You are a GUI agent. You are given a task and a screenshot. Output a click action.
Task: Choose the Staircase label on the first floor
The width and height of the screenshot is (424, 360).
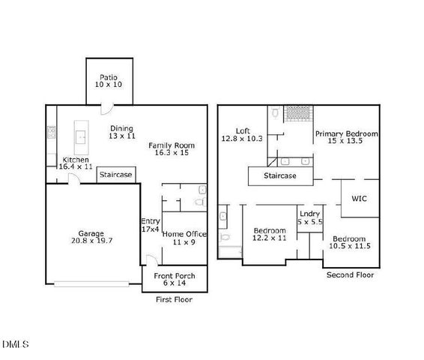pyautogui.click(x=116, y=175)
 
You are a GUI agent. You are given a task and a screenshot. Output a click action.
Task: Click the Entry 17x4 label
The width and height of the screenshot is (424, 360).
pyautogui.click(x=151, y=225)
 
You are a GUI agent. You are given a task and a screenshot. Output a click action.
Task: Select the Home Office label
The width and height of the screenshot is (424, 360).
pyautogui.click(x=184, y=238)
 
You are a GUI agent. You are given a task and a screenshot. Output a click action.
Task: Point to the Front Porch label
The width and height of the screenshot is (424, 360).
pyautogui.click(x=175, y=280)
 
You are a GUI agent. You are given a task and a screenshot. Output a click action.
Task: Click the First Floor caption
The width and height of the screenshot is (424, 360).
pyautogui.click(x=174, y=299)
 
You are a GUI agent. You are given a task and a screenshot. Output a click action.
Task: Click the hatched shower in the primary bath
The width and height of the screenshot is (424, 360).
pyautogui.click(x=298, y=113)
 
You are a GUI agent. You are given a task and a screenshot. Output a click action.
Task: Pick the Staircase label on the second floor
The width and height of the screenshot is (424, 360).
pyautogui.click(x=279, y=176)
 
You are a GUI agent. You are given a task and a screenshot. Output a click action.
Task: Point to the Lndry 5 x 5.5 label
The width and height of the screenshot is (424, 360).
pyautogui.click(x=309, y=218)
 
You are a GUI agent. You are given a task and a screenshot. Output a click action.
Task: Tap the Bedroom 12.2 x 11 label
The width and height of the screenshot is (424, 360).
pyautogui.click(x=269, y=234)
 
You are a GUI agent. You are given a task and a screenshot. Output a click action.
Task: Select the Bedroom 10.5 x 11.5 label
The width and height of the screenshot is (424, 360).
pyautogui.click(x=350, y=242)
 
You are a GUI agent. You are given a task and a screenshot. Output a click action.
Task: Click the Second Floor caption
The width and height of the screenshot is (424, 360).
pyautogui.click(x=350, y=275)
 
